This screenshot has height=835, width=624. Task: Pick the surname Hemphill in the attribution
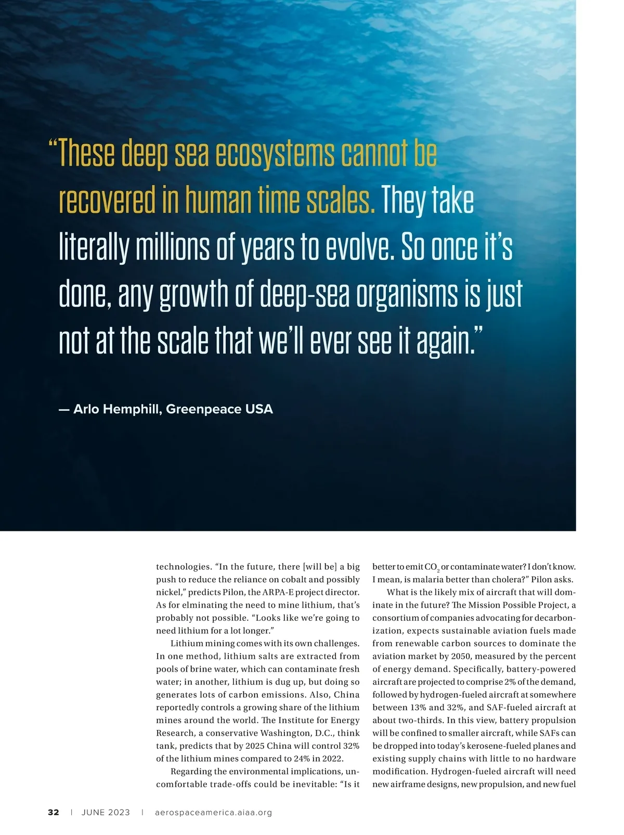[x=131, y=409]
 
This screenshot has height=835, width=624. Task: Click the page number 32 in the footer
[x=54, y=812]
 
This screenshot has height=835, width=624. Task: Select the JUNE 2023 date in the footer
[x=106, y=812]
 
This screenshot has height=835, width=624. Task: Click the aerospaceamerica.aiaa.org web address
[x=213, y=812]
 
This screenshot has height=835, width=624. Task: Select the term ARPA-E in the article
[x=278, y=592]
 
